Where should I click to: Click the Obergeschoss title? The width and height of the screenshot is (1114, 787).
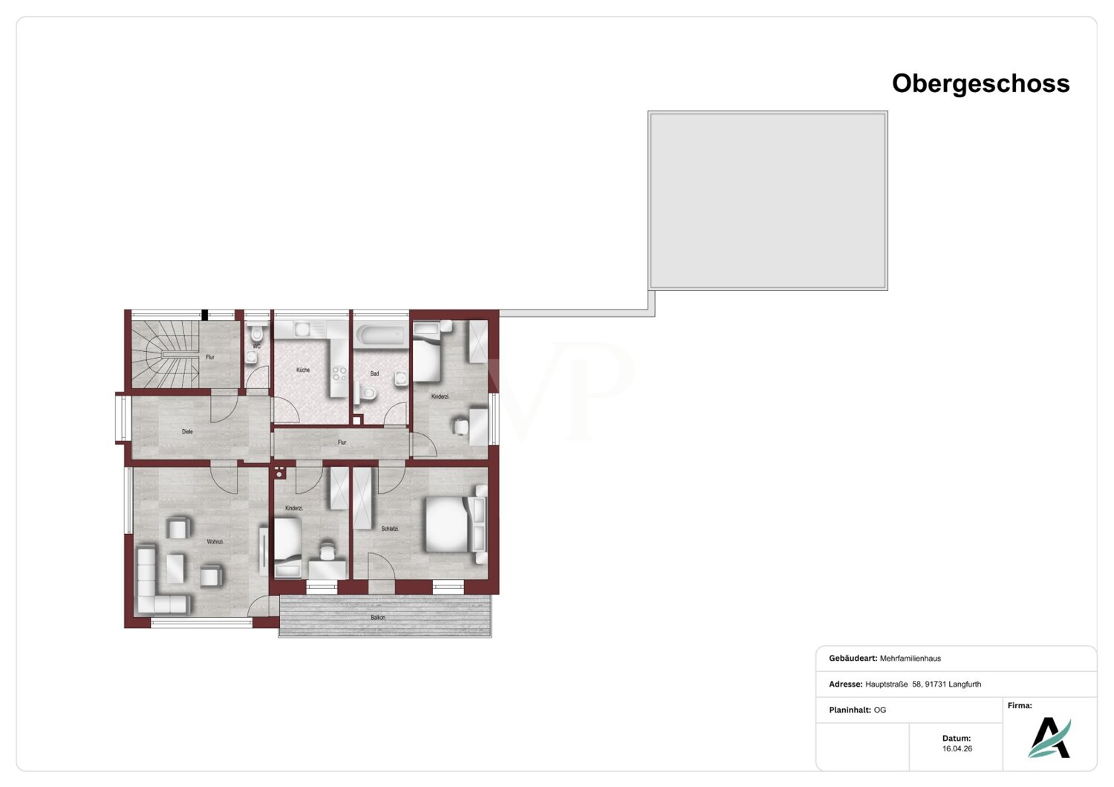coord(981,83)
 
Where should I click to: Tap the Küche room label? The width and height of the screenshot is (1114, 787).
coord(303,370)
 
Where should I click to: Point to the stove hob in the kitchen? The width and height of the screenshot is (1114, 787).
coord(339,373)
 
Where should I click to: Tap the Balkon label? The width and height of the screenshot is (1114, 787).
coord(378,618)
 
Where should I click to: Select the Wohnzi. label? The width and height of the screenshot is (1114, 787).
coord(215,542)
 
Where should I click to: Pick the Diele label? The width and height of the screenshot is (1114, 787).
coord(187,431)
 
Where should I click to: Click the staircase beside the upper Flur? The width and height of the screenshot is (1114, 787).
coord(165,354)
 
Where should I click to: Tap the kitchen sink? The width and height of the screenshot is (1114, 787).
coord(302,329)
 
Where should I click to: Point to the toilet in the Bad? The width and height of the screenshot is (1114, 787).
coord(366,393)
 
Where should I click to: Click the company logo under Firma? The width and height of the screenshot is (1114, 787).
coord(1049,738)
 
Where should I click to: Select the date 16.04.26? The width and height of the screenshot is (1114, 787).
coord(957,748)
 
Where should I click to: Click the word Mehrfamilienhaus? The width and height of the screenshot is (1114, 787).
coord(910,659)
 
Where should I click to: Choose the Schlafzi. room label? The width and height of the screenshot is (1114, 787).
coord(391,529)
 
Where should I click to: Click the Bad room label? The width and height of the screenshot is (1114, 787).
coord(374,373)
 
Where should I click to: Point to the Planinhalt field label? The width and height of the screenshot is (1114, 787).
coord(850,710)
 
